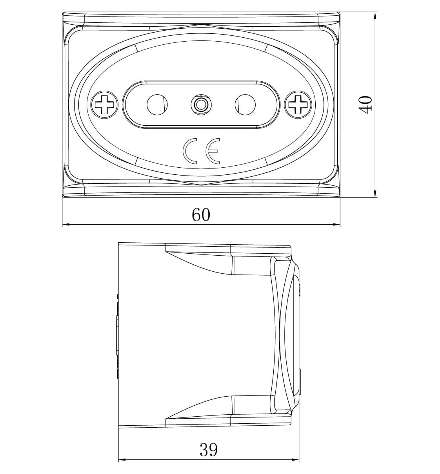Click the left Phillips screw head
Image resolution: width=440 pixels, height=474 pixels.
coord(105,104)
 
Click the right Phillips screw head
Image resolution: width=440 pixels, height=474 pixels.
coord(298,104)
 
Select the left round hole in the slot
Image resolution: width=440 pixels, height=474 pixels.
coord(157,104)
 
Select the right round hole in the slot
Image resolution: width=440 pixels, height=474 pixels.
coord(245,104)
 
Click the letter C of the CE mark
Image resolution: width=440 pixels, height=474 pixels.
coord(190,151)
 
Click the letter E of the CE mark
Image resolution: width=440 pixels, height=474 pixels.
coord(213,151)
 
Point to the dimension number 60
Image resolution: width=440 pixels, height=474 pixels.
coord(201,214)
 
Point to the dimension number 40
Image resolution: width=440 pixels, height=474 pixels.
coord(365,105)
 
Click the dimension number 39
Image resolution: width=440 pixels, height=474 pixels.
coord(209,450)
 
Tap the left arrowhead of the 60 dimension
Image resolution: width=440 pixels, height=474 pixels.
coord(66,225)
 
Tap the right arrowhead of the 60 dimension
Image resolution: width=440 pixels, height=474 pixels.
coord(336,225)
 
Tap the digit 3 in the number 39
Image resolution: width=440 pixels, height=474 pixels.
coord(204,450)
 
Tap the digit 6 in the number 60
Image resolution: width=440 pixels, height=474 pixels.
coord(196,214)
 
